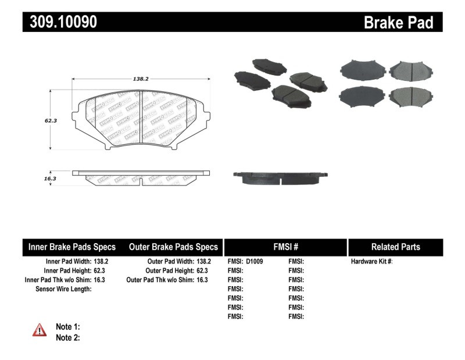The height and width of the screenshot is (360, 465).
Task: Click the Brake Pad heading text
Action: (398, 22)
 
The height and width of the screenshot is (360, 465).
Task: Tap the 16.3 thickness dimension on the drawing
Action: (50, 179)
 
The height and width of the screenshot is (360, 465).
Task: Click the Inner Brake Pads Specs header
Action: (72, 247)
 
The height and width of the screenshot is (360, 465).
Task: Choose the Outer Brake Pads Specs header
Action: (173, 247)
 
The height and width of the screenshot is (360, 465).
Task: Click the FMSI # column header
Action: (285, 247)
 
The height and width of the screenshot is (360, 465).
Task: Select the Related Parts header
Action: (395, 247)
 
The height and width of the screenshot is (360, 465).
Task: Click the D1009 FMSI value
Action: (255, 262)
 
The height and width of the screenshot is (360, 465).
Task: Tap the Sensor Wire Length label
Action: (63, 289)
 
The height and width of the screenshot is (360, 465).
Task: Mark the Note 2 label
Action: (67, 337)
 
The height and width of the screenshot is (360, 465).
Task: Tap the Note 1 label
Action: (67, 326)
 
